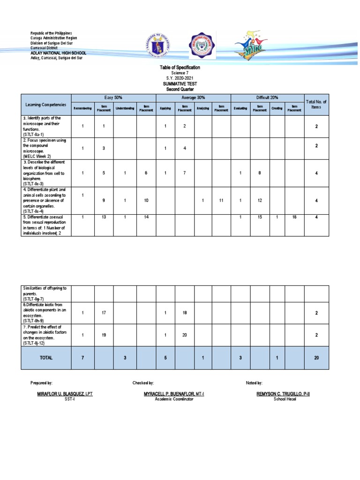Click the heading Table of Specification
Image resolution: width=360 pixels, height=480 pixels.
180,68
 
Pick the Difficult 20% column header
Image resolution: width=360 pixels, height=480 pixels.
267,97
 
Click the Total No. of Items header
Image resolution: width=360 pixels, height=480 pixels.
316,104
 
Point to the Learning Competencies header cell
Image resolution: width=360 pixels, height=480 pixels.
46,105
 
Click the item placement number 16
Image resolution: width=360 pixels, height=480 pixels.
294,217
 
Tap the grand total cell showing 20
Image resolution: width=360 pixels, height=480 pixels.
316,358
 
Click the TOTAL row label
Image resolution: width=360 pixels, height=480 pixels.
46,358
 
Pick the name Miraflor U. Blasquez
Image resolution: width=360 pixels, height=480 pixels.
65,394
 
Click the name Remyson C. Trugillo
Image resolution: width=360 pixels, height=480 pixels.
283,394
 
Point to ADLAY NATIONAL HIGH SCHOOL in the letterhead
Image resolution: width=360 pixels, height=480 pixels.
58,53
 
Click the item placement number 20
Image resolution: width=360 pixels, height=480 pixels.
184,335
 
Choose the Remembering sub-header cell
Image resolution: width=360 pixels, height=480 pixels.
82,108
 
